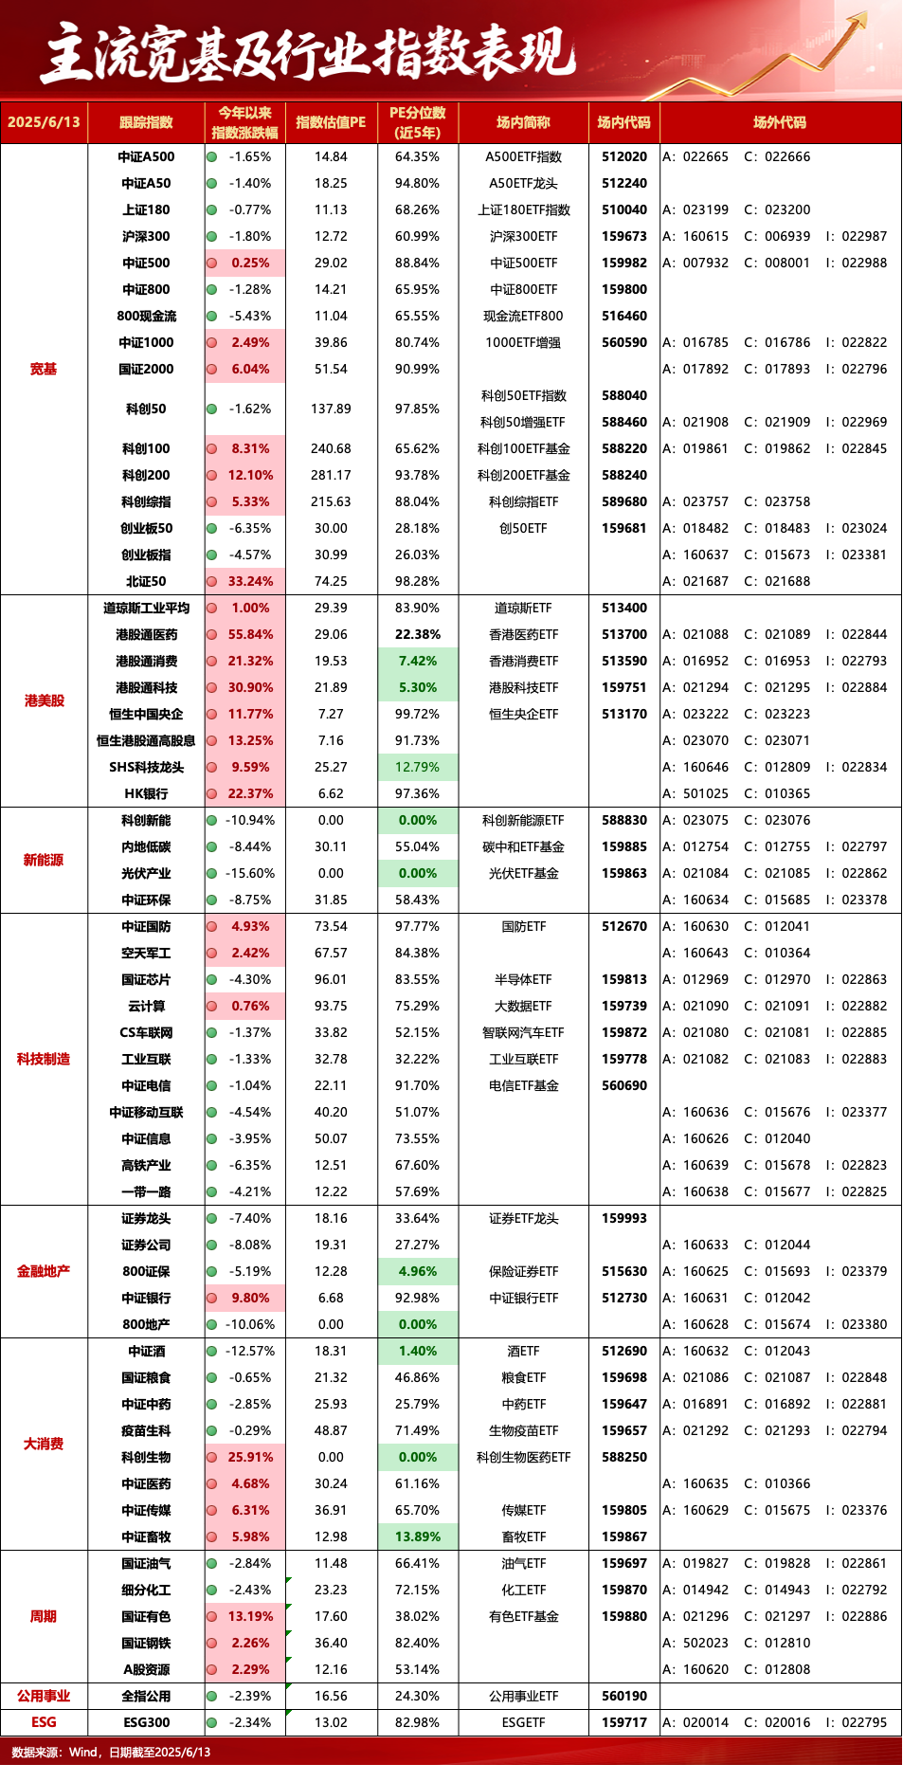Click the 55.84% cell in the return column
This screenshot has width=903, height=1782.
pyautogui.click(x=245, y=634)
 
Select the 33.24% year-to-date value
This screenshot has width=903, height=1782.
pyautogui.click(x=245, y=581)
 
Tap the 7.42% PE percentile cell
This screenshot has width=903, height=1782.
pyautogui.click(x=418, y=661)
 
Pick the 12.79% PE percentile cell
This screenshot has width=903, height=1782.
pyautogui.click(x=418, y=767)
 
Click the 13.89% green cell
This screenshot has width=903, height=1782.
pyautogui.click(x=418, y=1537)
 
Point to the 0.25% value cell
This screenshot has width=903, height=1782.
pyautogui.click(x=245, y=263)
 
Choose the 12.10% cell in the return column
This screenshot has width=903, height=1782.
pyautogui.click(x=245, y=475)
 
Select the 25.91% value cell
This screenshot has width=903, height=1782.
pyautogui.click(x=245, y=1457)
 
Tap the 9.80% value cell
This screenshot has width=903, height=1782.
pyautogui.click(x=245, y=1298)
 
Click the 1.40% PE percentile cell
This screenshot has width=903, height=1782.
pyautogui.click(x=418, y=1351)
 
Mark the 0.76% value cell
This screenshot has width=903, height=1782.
pyautogui.click(x=245, y=1006)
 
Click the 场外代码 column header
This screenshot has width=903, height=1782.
pyautogui.click(x=780, y=122)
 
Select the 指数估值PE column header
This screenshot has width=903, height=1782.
pyautogui.click(x=331, y=122)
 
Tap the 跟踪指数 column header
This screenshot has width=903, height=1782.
pyautogui.click(x=146, y=122)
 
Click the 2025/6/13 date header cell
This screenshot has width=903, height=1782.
pyautogui.click(x=44, y=122)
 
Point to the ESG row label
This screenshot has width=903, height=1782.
pyautogui.click(x=44, y=1722)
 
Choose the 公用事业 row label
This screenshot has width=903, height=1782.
pyautogui.click(x=44, y=1696)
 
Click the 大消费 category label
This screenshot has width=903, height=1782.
pyautogui.click(x=44, y=1444)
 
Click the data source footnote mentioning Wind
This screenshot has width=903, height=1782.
pyautogui.click(x=111, y=1752)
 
